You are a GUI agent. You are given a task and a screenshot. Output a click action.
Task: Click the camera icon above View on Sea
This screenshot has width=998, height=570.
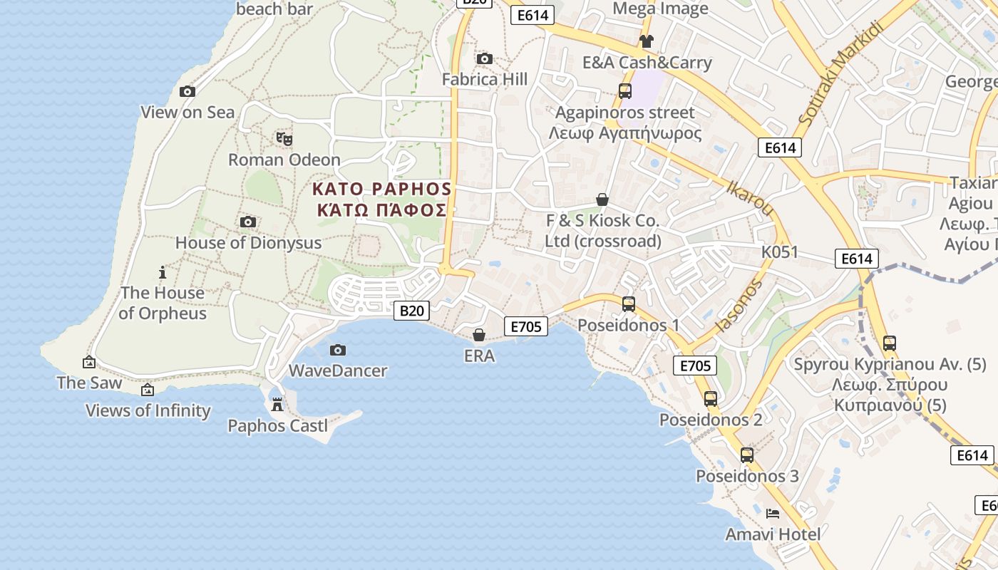point(187,91)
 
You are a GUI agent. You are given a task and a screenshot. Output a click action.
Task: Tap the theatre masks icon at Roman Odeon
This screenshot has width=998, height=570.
point(284,139)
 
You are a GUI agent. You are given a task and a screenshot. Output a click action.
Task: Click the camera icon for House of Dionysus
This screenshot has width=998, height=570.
point(248,222)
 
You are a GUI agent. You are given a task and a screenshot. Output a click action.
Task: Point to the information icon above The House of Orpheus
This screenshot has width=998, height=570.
point(163,272)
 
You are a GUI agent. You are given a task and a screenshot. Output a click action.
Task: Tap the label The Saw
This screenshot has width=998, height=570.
point(90,383)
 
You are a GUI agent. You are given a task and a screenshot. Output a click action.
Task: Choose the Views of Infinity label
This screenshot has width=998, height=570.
point(148,410)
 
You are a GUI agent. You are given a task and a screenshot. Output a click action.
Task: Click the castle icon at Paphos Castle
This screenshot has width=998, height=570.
point(277,405)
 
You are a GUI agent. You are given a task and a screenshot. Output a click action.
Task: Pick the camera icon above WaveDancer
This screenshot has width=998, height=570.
point(338,350)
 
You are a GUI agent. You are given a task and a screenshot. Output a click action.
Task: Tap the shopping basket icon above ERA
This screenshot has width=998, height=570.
point(479,334)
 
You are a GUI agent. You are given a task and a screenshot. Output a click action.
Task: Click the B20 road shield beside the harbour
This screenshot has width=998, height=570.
point(412,310)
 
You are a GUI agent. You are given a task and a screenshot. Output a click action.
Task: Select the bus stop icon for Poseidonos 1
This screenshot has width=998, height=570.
point(628,304)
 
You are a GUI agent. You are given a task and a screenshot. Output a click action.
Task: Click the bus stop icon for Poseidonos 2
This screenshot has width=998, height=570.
point(711,399)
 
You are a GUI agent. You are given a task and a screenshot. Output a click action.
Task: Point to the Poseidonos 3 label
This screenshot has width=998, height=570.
point(747,476)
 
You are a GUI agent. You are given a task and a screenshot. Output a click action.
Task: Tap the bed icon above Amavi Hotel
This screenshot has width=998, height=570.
point(772,513)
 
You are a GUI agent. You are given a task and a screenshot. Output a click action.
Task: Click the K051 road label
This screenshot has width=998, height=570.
point(780,252)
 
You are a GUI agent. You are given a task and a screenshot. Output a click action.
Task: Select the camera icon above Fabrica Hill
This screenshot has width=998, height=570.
point(485,58)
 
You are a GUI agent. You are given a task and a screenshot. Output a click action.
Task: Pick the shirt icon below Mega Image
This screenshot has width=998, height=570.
point(646,41)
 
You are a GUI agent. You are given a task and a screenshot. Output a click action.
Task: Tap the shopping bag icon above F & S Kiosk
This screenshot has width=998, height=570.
point(602,199)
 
